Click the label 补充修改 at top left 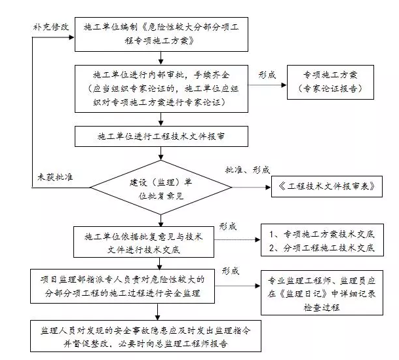[x=51, y=27]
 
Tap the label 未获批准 [x=55, y=177]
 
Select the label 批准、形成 [x=248, y=170]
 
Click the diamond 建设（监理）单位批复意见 [x=161, y=188]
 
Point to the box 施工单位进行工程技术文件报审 [x=161, y=136]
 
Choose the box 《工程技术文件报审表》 [x=327, y=186]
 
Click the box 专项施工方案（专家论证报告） [x=330, y=82]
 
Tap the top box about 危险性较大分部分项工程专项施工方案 [x=161, y=34]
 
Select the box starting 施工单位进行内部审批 [x=161, y=89]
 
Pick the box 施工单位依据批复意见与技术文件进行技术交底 [x=143, y=242]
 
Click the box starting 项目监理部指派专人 [x=123, y=287]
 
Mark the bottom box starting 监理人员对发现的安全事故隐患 [x=145, y=336]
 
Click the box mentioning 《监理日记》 [x=322, y=292]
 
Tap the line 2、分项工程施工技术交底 [x=322, y=248]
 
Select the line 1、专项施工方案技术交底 [x=322, y=234]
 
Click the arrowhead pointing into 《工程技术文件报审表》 [x=268, y=188]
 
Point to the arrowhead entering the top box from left [x=71, y=37]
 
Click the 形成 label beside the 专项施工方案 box [x=267, y=75]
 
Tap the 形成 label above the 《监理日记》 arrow [x=231, y=271]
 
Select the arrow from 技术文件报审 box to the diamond [x=161, y=153]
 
